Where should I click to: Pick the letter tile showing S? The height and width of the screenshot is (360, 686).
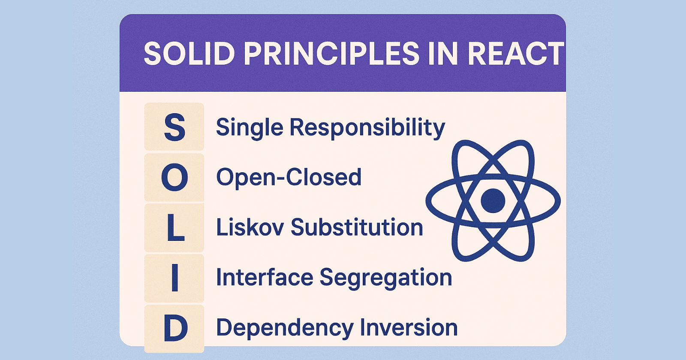[x=175, y=127]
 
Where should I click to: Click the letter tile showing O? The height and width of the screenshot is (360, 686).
[x=175, y=177]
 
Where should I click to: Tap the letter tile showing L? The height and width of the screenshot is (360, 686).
[x=175, y=228]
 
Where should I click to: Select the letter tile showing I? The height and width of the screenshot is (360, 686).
[x=175, y=279]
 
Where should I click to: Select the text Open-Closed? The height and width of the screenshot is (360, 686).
[x=289, y=177]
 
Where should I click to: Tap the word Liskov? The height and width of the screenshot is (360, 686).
[x=250, y=227]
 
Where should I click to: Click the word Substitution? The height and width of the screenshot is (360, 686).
[x=357, y=227]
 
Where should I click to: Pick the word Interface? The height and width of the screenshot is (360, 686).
[x=265, y=277]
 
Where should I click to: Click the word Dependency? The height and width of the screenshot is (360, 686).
[x=284, y=328]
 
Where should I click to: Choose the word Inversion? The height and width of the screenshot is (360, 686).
[x=409, y=327]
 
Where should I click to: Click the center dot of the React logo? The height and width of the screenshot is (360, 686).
[x=493, y=201]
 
